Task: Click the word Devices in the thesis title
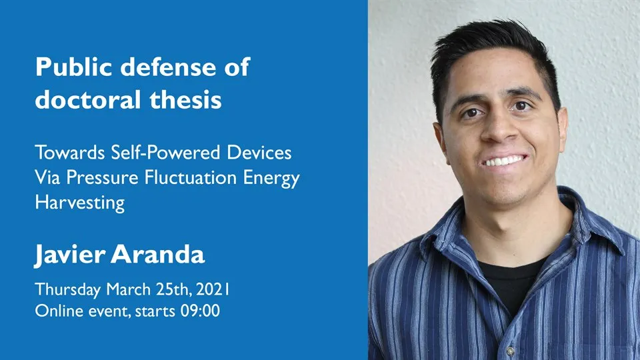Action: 259,153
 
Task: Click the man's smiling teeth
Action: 504,161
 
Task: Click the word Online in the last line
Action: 56,311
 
